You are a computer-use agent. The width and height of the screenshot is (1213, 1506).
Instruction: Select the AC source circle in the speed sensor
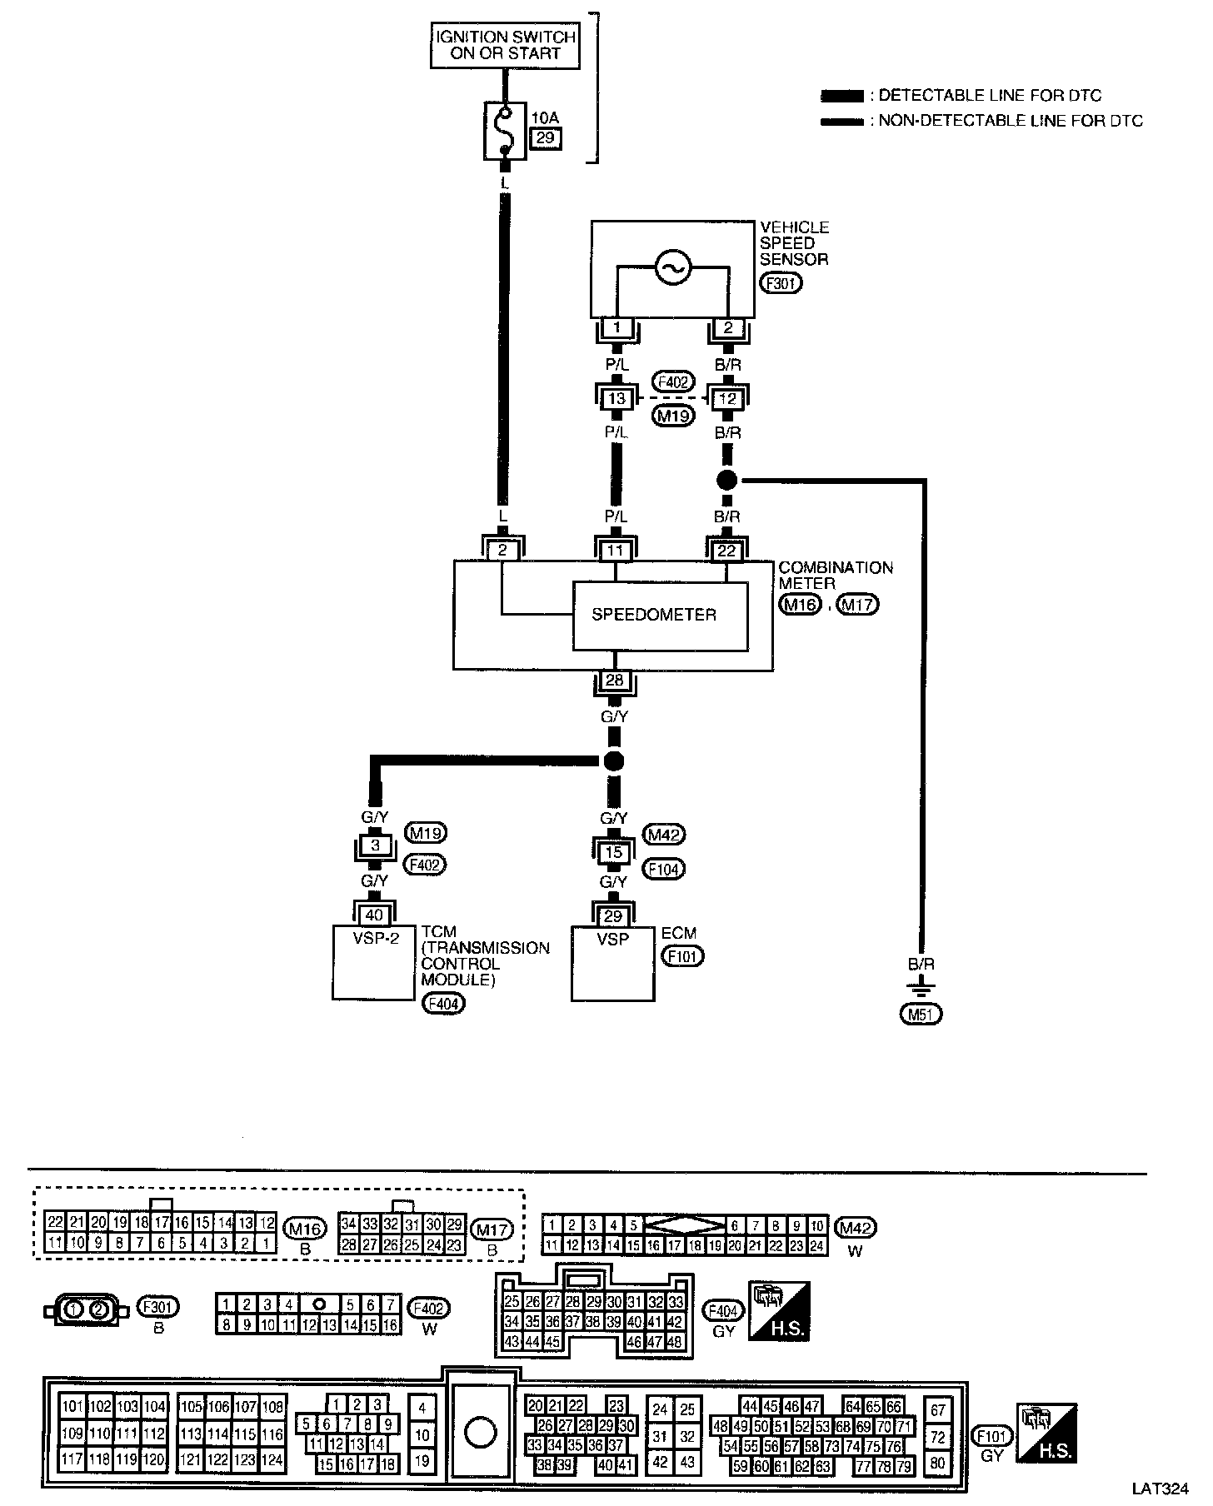click(x=672, y=267)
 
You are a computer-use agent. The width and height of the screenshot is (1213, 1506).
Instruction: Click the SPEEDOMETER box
click(x=660, y=616)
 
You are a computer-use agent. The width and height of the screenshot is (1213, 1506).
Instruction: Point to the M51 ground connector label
click(x=921, y=1015)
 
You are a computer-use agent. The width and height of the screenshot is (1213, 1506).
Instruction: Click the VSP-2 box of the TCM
click(x=373, y=962)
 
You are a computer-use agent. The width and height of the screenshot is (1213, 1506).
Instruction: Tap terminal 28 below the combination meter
click(x=615, y=681)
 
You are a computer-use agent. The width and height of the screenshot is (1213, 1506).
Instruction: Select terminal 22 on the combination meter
click(x=727, y=551)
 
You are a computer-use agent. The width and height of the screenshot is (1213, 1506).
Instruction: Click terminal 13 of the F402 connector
click(x=616, y=398)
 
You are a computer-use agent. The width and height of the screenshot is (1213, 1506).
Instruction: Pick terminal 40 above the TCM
click(x=374, y=915)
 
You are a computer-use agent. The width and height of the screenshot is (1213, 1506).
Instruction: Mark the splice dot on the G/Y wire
click(x=614, y=760)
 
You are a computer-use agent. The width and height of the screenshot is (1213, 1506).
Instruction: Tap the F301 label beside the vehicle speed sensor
click(x=781, y=283)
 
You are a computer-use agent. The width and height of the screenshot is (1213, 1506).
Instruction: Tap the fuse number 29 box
click(x=545, y=138)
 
